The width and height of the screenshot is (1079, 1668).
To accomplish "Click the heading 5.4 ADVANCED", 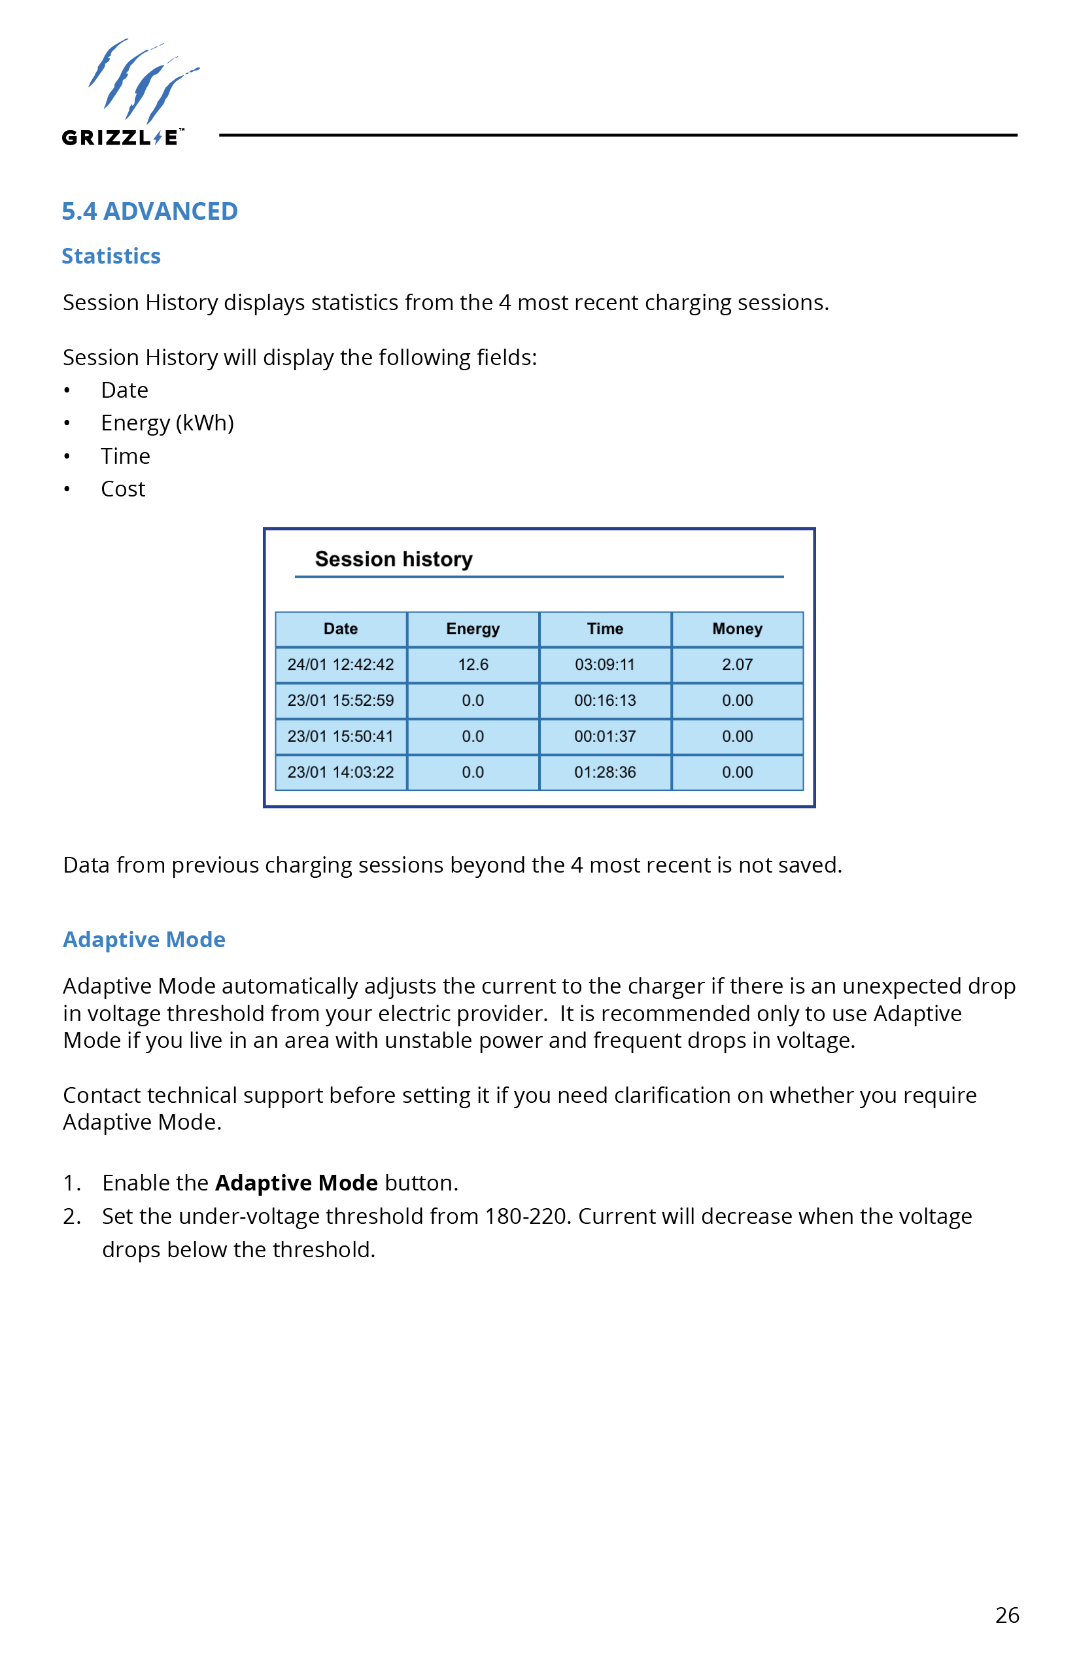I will (149, 211).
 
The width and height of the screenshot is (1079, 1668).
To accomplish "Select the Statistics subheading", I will (111, 256).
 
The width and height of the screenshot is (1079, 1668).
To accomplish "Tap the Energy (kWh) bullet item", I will (167, 423).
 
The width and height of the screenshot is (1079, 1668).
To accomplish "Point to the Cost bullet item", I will (123, 489).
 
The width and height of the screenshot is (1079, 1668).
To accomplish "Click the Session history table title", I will (393, 559).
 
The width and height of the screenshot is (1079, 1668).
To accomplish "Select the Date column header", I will (341, 629).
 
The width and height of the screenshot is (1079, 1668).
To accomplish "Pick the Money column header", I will (737, 629).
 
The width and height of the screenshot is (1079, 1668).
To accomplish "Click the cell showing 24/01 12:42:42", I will (341, 665).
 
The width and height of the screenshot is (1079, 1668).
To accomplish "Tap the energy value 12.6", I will (473, 665).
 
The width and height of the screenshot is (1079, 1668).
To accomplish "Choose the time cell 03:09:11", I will (605, 665).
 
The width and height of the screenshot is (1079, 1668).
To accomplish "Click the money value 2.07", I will (737, 665).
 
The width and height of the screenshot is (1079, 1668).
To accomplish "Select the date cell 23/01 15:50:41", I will (341, 736).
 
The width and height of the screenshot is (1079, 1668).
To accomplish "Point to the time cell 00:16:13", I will (605, 700).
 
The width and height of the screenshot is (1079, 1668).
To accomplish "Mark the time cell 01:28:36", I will (605, 772).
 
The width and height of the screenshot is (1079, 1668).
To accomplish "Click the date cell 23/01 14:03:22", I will (341, 772).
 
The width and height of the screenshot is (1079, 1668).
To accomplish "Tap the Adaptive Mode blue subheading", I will (144, 939).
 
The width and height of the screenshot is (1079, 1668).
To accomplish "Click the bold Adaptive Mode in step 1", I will (296, 1183).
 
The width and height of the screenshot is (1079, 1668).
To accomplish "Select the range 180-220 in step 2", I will (524, 1216).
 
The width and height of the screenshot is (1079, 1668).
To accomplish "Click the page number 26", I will (1007, 1615).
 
